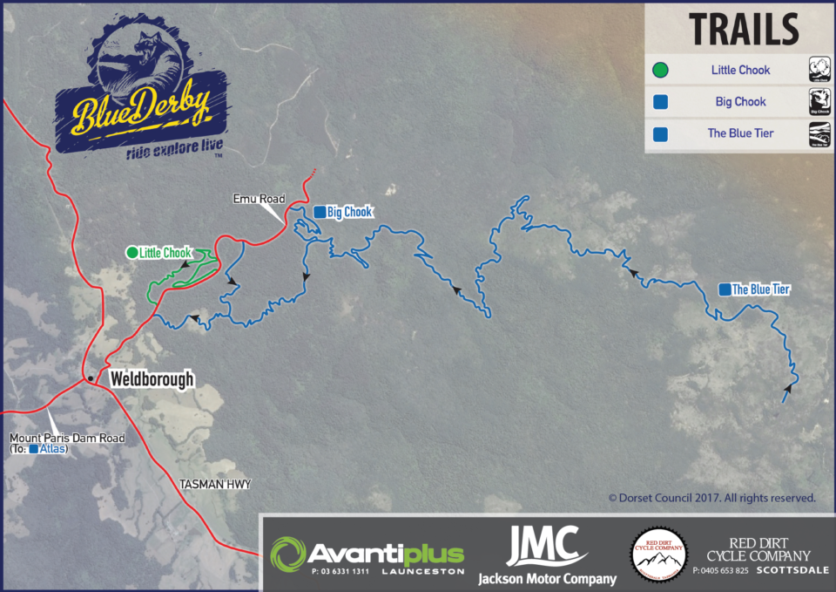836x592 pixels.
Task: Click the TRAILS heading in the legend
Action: point(744,29)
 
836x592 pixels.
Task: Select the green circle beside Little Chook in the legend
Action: point(661,70)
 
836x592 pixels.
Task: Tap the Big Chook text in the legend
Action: point(740,102)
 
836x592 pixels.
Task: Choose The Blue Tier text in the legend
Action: point(740,134)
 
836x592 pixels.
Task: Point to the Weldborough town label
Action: point(152,380)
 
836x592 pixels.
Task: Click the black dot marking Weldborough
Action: point(91,378)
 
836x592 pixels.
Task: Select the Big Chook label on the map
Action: point(349,212)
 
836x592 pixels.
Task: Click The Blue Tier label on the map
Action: point(760,289)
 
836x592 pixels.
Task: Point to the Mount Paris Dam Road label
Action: point(66,438)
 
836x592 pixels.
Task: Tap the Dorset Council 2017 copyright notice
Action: point(711,499)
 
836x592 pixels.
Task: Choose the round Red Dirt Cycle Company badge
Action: point(658,554)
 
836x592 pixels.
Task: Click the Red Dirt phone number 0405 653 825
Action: point(721,571)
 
